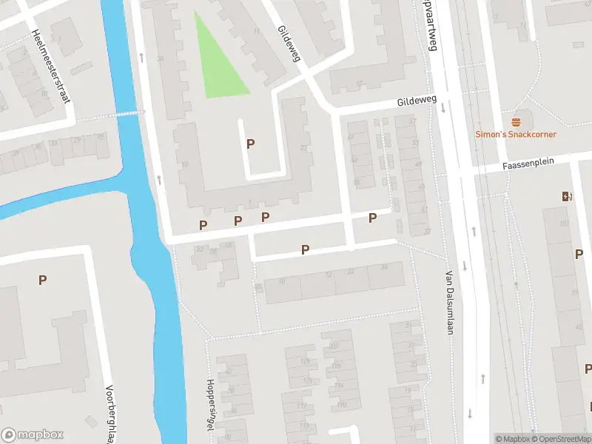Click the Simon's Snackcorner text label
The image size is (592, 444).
click(x=516, y=134)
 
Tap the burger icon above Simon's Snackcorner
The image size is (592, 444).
click(x=516, y=121)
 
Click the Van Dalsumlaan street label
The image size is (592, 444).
click(x=449, y=301)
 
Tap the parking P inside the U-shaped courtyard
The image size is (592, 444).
click(x=250, y=144)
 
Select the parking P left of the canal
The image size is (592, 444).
click(x=42, y=280)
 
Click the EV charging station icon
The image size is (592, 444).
click(x=567, y=196)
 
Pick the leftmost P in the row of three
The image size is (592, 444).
click(x=203, y=224)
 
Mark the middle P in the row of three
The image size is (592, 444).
click(x=238, y=221)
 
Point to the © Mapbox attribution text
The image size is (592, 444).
click(x=512, y=439)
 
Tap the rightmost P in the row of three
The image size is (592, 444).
click(x=265, y=217)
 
